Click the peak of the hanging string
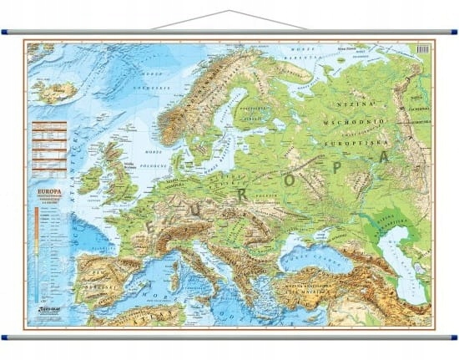(230, 12)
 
